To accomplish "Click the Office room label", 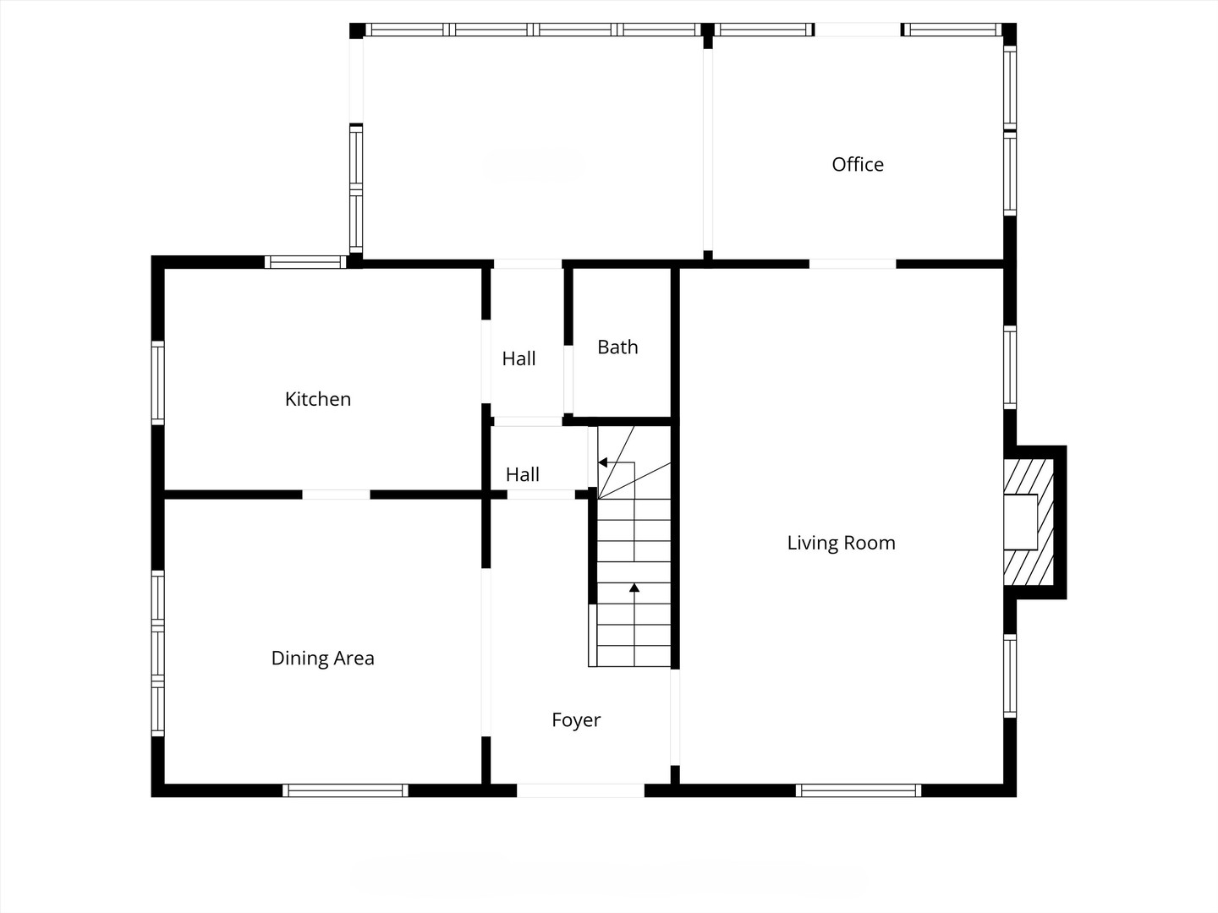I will coord(858,165).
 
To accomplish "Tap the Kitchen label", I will coord(317,399).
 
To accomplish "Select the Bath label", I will coord(617,347).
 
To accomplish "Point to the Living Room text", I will coord(841,543).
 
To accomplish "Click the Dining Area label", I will coord(322,659).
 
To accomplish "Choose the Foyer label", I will coord(576,720).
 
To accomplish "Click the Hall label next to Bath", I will coord(518,359).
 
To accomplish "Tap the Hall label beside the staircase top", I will coord(522,475).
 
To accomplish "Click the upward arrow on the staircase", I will coord(634,588).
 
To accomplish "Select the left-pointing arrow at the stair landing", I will coord(603,462).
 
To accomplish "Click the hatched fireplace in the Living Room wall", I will coord(1029,522).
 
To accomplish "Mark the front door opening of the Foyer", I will coord(580,790).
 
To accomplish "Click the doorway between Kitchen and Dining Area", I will coord(336,495).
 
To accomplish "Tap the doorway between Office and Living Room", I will coord(852,264).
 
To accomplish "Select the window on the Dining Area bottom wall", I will coord(345,790).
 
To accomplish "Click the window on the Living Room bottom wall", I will coord(858,790).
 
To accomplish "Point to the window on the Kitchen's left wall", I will coord(157,382).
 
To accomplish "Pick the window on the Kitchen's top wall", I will coord(305,262).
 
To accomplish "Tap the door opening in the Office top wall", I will coord(857,30).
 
